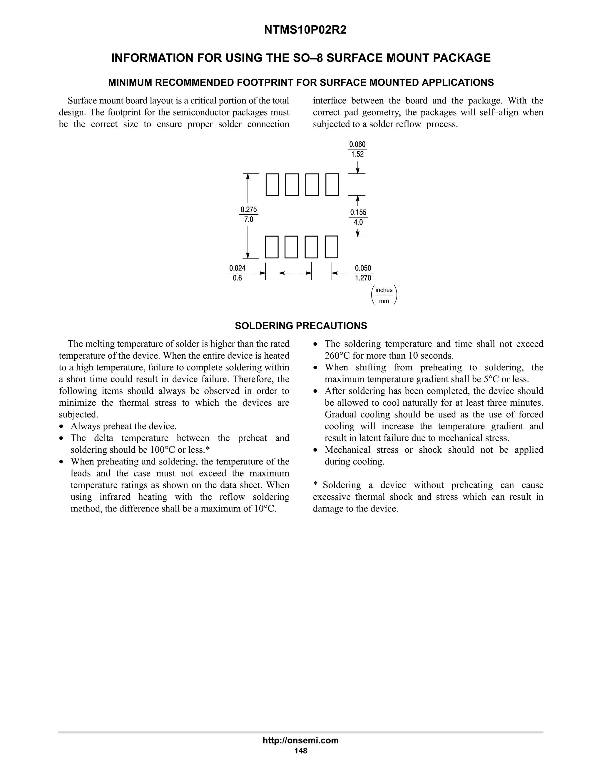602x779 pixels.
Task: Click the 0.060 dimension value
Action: click(x=357, y=144)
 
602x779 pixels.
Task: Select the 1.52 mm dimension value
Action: click(x=357, y=154)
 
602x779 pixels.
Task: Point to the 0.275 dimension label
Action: click(x=249, y=209)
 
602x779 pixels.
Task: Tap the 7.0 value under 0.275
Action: click(x=249, y=219)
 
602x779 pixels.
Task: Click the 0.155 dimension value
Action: click(x=358, y=212)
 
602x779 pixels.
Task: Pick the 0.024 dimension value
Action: click(x=237, y=268)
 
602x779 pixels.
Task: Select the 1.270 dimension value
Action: click(x=363, y=278)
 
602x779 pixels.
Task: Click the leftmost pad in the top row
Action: click(x=272, y=185)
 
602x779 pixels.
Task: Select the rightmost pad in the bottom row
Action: click(x=331, y=247)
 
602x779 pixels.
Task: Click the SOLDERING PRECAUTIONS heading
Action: click(x=301, y=326)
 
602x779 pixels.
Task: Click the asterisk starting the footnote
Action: click(x=315, y=485)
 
